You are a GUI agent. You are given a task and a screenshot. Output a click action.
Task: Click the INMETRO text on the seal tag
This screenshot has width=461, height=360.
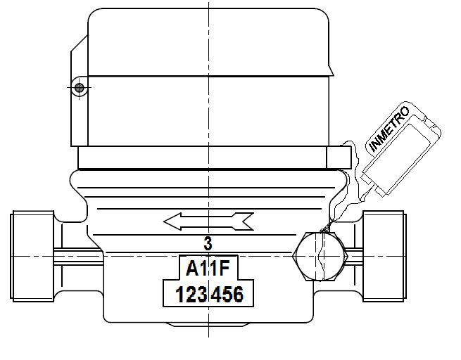point(389,129)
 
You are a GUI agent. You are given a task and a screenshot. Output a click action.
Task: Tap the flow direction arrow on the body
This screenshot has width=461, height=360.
point(208,221)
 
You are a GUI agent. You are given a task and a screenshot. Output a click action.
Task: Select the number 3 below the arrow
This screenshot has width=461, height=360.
point(208,244)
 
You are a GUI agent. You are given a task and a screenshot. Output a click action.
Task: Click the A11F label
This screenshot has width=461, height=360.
point(208,269)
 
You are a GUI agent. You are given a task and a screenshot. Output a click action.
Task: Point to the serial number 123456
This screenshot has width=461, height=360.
point(209,294)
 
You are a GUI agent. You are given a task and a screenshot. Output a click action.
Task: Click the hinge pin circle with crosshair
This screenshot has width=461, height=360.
point(79,87)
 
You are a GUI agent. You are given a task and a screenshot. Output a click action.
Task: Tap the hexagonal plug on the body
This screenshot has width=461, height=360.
point(320,257)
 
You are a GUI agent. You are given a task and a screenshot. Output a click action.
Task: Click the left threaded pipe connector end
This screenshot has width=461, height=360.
point(32,256)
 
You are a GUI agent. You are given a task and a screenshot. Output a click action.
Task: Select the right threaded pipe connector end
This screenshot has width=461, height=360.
point(384,256)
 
